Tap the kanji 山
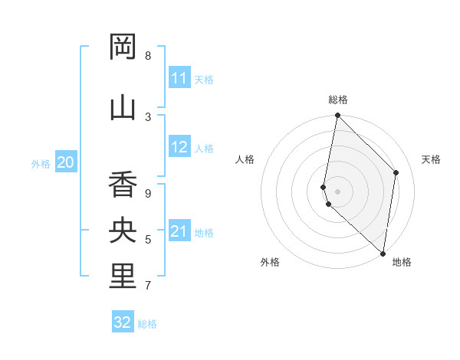tap(123, 106)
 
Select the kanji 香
tap(123, 185)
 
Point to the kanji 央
tap(123, 231)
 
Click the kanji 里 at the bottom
tap(123, 277)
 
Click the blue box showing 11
tap(179, 78)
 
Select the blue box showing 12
tap(179, 147)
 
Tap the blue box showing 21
tap(179, 231)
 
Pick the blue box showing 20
tap(66, 162)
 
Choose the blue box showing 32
tap(123, 322)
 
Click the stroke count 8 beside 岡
tap(148, 56)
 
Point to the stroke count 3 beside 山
tap(148, 116)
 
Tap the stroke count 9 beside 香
tap(148, 193)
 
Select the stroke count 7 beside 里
tap(148, 286)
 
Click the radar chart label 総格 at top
tap(338, 100)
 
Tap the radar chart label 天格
tap(431, 159)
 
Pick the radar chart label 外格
tap(270, 262)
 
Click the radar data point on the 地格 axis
tap(383, 253)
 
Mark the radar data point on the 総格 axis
tap(337, 116)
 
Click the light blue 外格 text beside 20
tap(41, 163)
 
